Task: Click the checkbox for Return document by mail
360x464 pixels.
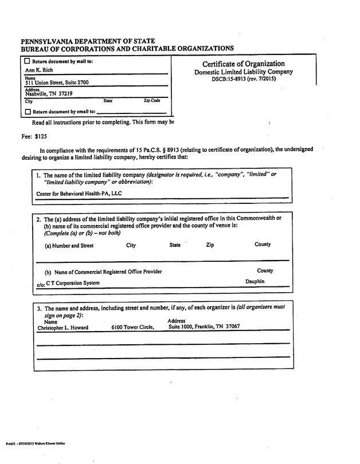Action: click(x=27, y=61)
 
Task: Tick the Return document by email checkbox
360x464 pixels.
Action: click(x=27, y=112)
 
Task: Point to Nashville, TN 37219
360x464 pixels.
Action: click(x=49, y=93)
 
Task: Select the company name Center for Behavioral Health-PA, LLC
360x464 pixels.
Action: click(x=79, y=194)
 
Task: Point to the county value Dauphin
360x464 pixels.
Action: click(x=255, y=282)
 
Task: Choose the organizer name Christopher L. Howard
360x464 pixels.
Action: click(x=62, y=327)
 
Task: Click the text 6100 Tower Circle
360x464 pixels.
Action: click(x=133, y=327)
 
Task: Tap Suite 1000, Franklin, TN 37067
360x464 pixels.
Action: click(x=204, y=327)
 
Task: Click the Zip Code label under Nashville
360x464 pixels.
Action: click(x=151, y=101)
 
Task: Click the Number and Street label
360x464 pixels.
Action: click(x=69, y=246)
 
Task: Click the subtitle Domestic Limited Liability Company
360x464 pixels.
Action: click(x=243, y=72)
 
